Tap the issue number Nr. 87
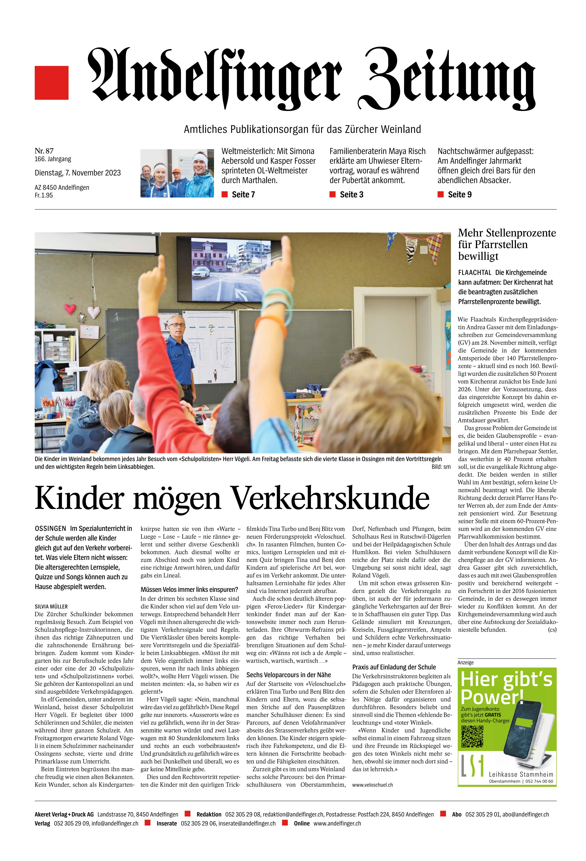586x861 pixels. coord(44,151)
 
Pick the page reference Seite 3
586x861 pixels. coord(351,195)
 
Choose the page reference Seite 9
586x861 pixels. coord(459,195)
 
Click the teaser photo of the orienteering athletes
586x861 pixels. coord(177,173)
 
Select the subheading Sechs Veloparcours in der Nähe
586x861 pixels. coord(289,675)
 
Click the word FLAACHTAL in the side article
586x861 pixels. coord(475,272)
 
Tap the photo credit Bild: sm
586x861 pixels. coord(441,467)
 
